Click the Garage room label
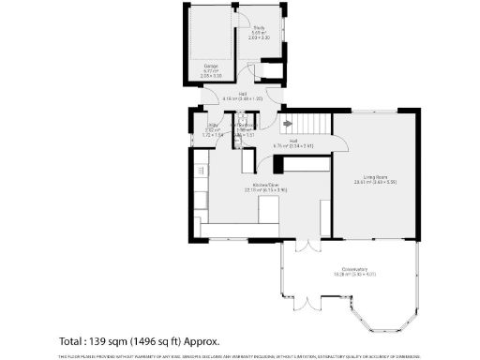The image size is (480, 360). click(211, 66)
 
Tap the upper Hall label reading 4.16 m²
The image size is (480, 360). click(242, 94)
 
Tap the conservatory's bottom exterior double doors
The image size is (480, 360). click(308, 302)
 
